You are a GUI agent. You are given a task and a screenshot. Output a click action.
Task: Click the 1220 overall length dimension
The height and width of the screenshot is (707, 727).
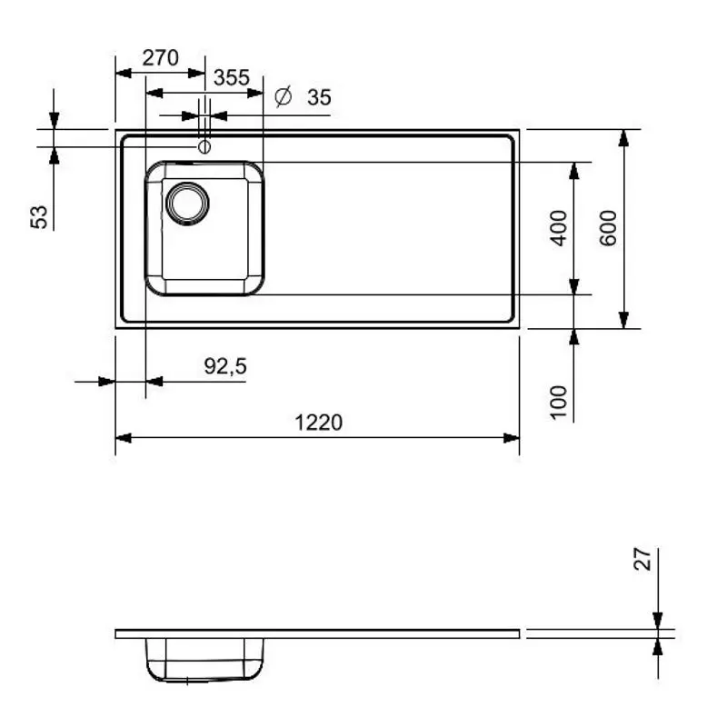point(318,423)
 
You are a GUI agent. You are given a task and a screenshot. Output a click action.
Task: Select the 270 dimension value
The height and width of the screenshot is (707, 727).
point(160,58)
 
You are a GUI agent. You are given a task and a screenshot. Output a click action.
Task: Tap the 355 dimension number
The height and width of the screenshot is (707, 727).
point(231,78)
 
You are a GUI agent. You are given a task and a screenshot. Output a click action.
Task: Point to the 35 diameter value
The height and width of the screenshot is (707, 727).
point(319,97)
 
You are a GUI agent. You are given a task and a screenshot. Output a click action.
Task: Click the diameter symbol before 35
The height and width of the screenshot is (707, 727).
point(283,96)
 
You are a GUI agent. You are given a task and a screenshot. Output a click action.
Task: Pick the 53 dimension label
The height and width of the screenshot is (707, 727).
point(39,216)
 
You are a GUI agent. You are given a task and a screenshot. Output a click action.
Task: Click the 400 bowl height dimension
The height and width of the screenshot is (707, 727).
point(560,228)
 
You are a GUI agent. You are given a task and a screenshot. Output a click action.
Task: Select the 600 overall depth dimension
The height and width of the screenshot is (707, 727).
point(609,228)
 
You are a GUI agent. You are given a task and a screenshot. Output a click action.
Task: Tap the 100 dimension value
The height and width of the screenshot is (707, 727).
point(560,402)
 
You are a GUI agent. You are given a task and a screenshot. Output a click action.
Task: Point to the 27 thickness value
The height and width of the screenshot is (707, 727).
point(643,559)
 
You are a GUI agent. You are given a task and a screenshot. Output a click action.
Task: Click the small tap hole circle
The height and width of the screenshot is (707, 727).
point(204,146)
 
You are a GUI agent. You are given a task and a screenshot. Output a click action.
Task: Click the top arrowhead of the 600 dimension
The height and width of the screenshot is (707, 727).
point(623,137)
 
